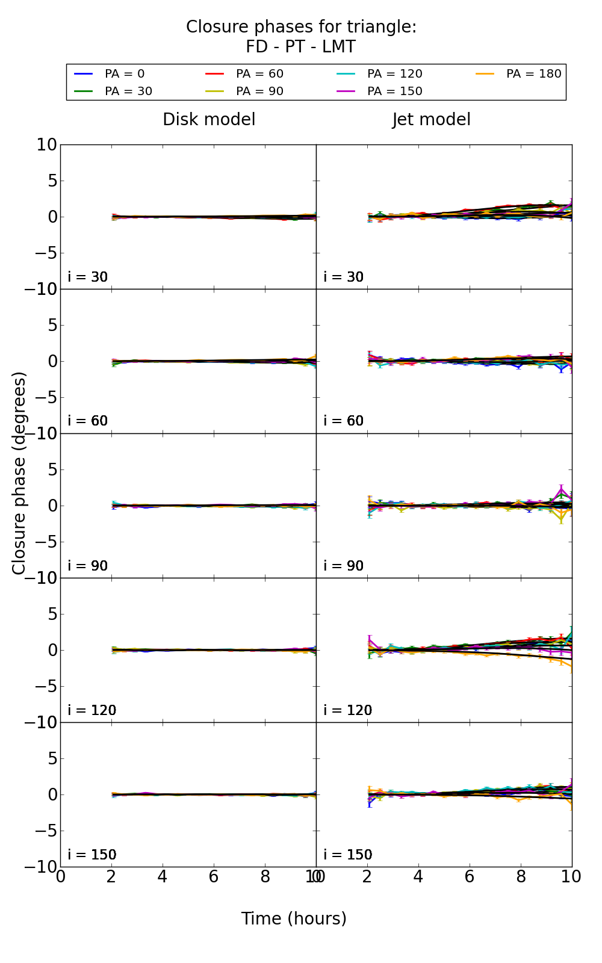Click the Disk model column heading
click(209, 120)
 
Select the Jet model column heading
click(431, 120)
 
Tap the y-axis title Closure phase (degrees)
click(19, 473)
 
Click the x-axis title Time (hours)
click(294, 918)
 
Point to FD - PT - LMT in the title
click(300, 47)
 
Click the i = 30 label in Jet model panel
click(343, 277)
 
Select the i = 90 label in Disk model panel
click(87, 566)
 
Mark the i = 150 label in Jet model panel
click(347, 855)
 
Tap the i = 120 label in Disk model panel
click(92, 710)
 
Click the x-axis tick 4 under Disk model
click(163, 877)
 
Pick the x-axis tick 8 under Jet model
click(521, 877)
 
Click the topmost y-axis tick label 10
click(46, 145)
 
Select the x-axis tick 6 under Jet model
click(470, 877)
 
